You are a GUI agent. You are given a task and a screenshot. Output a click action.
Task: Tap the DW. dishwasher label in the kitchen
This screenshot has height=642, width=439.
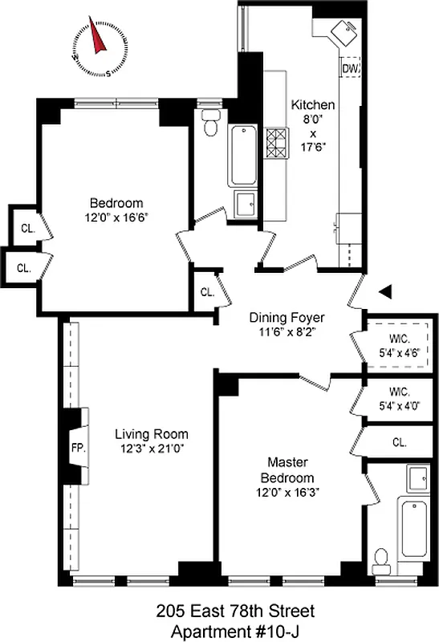tap(350, 69)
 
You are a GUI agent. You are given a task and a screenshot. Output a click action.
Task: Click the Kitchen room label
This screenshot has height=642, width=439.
tap(312, 106)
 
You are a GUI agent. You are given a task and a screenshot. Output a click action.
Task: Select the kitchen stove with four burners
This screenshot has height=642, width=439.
tap(276, 144)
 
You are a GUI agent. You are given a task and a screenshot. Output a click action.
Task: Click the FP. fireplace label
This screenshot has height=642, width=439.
tap(78, 447)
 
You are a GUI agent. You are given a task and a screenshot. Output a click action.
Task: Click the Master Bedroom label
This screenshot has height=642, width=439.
tap(291, 470)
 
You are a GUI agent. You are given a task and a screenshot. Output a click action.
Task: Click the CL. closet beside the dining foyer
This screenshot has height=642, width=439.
tap(207, 293)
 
